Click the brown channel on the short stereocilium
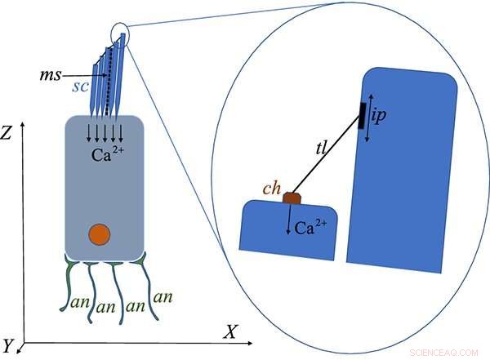point(292,198)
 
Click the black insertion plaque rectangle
point(361,115)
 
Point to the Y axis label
point(8,345)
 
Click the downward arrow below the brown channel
point(287,221)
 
